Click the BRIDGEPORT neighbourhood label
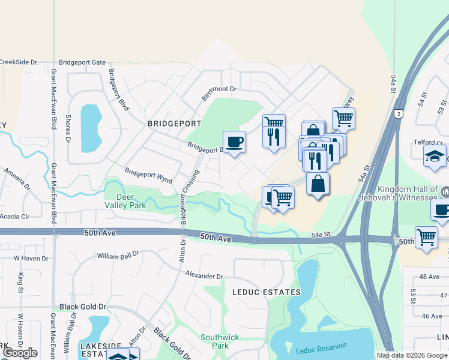tap(174, 123)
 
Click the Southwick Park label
tap(215, 341)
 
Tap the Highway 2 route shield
tap(399, 113)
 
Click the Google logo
tap(20, 353)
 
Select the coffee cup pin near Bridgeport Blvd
tap(234, 142)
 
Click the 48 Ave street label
tap(430, 277)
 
